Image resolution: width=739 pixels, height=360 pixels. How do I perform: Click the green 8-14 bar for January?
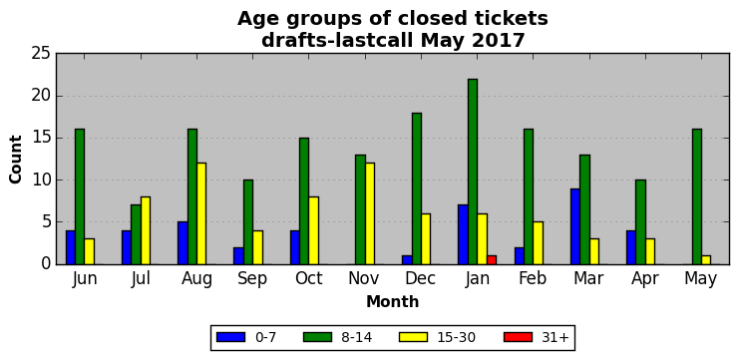473,172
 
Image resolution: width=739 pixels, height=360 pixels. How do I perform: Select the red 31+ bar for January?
492,260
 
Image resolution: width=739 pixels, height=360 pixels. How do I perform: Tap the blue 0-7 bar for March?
575,226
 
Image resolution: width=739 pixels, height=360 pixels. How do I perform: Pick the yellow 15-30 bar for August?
201,213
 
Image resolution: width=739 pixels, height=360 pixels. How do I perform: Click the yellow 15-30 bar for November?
370,213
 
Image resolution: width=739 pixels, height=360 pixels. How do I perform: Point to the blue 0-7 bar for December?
407,260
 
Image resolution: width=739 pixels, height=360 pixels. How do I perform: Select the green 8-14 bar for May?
697,196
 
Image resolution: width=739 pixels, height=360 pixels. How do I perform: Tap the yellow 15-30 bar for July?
146,230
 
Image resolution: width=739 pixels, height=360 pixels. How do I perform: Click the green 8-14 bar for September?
248,222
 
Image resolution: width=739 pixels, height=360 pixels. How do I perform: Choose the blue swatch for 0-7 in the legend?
230,337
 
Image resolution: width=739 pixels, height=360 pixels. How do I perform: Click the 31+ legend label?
556,337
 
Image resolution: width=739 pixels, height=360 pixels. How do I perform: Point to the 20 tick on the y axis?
57,96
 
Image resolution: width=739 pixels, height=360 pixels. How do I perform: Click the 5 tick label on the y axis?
45,222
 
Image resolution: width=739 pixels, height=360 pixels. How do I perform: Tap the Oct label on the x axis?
309,278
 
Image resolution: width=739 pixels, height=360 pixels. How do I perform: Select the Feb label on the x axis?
533,278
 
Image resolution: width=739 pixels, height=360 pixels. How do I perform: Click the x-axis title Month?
393,301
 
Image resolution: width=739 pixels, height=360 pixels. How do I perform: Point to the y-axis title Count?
16,160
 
